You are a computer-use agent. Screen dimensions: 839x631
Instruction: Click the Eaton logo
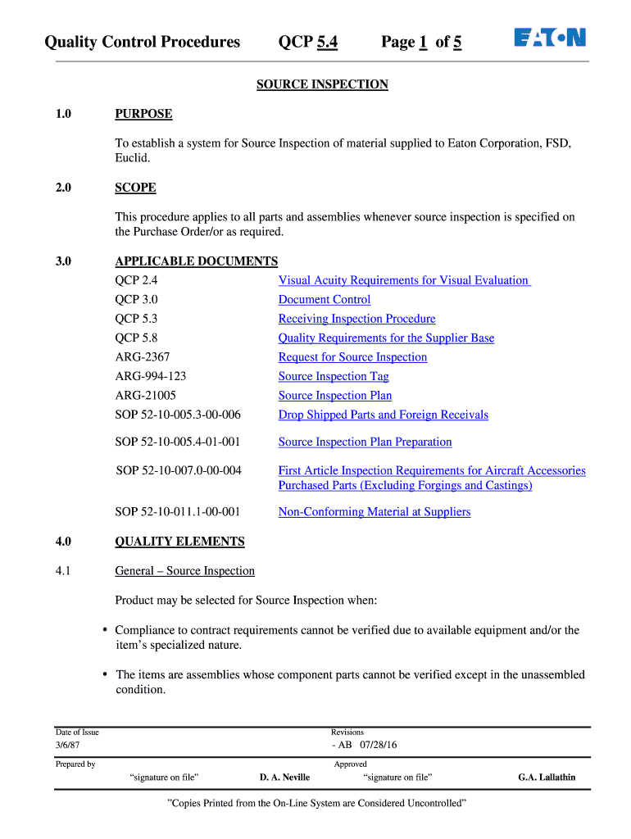coord(550,38)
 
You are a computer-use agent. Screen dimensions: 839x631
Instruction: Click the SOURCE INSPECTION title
coord(322,84)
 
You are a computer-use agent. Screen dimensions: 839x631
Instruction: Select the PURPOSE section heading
coord(143,114)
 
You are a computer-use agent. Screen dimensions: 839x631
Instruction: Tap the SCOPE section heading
coord(135,188)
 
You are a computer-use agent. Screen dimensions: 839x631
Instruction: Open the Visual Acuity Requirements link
coord(404,280)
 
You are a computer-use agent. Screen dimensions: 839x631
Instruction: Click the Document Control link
coord(325,300)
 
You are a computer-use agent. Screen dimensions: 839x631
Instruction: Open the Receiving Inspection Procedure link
coord(356,319)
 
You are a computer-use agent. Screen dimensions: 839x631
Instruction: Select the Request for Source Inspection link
coord(352,357)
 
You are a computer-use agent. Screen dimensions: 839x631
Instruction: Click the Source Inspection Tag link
coord(334,376)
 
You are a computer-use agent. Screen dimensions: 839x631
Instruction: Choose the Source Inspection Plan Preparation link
coord(365,442)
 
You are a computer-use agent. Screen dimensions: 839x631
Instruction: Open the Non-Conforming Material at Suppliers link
coord(375,512)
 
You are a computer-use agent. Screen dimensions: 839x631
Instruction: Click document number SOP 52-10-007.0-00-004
coord(179,470)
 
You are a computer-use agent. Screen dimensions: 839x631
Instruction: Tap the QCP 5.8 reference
coord(136,338)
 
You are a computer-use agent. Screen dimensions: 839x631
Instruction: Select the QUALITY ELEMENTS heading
coord(179,542)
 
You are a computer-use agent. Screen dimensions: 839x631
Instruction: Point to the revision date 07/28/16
coord(378,746)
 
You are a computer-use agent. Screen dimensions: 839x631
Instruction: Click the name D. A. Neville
coord(284,778)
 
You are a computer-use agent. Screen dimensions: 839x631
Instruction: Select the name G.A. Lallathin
coord(547,778)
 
